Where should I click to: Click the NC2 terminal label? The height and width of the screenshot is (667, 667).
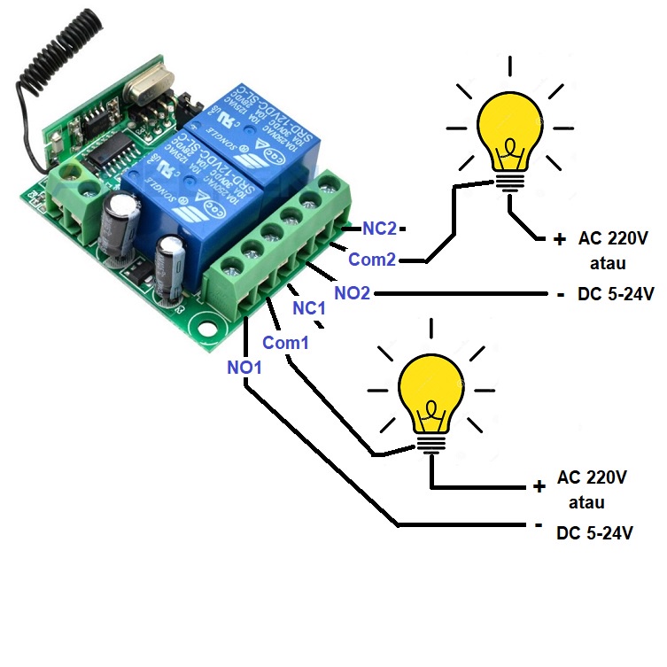pyautogui.click(x=379, y=229)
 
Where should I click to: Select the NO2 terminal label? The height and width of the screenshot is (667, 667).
pyautogui.click(x=352, y=292)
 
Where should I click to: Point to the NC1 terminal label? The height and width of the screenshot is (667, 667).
pyautogui.click(x=310, y=309)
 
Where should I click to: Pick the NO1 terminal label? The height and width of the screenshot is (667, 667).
pyautogui.click(x=244, y=367)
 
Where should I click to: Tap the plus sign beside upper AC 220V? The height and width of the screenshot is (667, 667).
pyautogui.click(x=559, y=239)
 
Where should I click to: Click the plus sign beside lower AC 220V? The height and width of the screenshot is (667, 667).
pyautogui.click(x=539, y=486)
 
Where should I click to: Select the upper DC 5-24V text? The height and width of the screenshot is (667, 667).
pyautogui.click(x=616, y=295)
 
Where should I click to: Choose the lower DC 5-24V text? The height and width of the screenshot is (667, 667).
pyautogui.click(x=595, y=533)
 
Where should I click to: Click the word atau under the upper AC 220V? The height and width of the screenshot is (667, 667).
pyautogui.click(x=608, y=263)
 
